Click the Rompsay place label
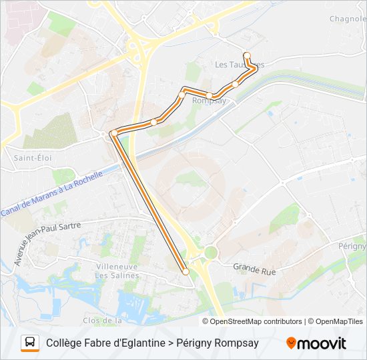(x=210, y=101)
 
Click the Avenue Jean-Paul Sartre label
(x=46, y=243)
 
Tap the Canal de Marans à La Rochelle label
(x=52, y=194)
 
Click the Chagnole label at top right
(x=348, y=19)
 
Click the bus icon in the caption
(x=30, y=343)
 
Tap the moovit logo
(x=316, y=343)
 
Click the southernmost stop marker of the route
(x=186, y=271)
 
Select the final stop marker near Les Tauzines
(x=247, y=55)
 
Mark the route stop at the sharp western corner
(x=114, y=133)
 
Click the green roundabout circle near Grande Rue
(x=211, y=253)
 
